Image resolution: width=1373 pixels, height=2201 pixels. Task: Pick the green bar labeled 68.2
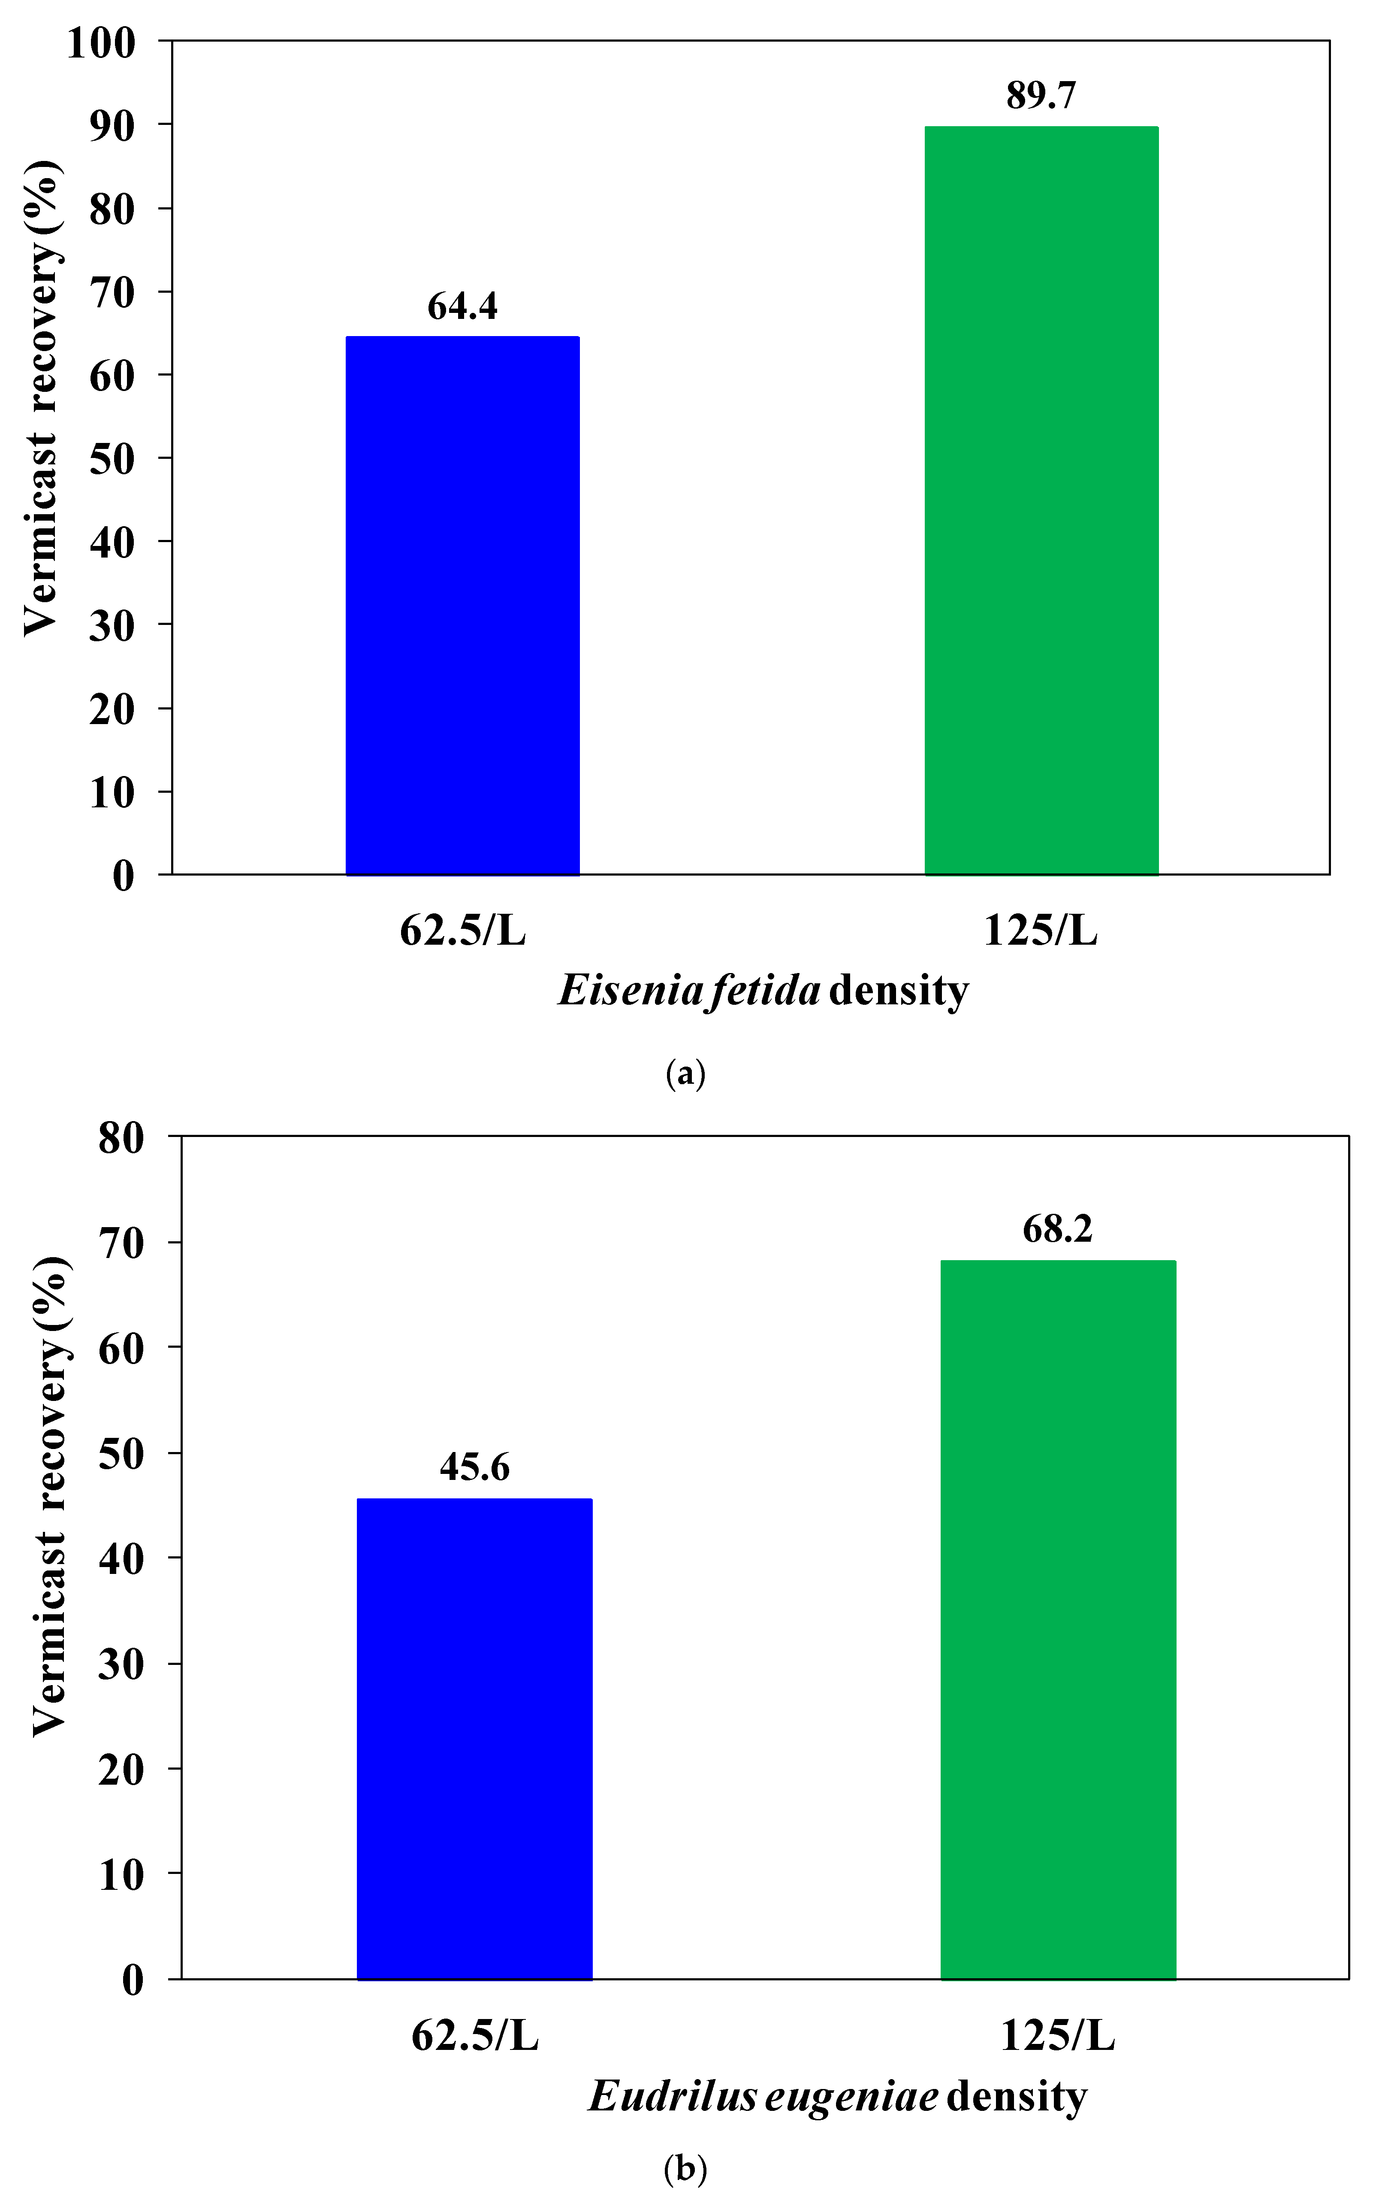(x=1058, y=1620)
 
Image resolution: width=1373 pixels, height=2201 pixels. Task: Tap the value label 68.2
(x=1058, y=1229)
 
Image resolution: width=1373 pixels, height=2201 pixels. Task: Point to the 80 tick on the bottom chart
(x=121, y=1137)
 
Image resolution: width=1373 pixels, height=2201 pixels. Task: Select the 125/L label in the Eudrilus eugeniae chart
(x=1058, y=2036)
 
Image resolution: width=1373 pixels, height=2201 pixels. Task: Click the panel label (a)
(x=685, y=1074)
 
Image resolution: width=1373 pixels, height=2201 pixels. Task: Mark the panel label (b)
(x=685, y=2169)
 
